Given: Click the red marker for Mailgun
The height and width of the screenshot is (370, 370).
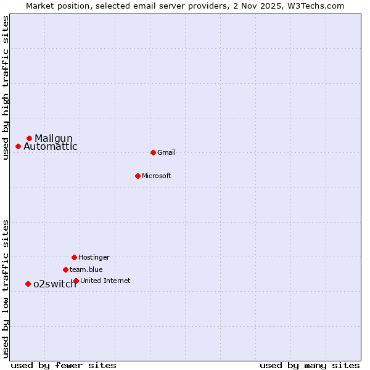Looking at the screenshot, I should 29,138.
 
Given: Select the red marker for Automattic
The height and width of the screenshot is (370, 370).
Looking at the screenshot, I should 18,146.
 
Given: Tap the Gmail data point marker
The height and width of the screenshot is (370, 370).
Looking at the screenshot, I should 153,152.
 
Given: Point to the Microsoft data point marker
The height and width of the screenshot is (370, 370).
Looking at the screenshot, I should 138,176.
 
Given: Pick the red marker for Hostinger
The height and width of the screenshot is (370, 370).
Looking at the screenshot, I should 74,257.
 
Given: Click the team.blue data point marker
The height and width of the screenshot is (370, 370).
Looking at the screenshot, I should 65,269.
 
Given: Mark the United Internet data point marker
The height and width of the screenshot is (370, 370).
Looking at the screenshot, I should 76,281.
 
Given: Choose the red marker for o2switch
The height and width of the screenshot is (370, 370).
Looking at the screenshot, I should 28,284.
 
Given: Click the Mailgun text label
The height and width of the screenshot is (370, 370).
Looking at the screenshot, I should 54,138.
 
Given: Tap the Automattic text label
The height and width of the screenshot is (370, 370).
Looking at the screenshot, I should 51,147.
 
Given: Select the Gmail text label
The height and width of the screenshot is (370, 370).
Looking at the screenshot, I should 166,152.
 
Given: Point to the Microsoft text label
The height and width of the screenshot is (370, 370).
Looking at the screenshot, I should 157,176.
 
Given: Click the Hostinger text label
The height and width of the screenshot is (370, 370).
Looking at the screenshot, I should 94,257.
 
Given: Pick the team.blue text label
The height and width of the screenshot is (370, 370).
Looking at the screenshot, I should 86,269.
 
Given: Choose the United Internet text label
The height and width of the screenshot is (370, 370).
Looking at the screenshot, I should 105,281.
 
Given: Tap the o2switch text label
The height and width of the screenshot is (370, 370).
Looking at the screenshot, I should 55,284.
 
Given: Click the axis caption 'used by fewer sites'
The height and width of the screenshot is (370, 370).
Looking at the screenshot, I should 64,365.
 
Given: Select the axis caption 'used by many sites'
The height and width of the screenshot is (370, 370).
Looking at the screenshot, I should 310,365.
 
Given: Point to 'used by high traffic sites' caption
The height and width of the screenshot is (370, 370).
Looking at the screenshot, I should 6,88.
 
